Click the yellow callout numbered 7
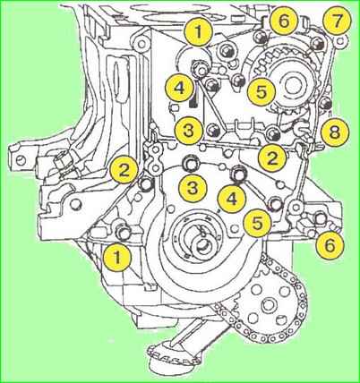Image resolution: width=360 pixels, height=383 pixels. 337,21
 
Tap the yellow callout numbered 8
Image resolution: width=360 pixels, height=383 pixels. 334,132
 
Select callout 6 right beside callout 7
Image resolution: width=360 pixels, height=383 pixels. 284,21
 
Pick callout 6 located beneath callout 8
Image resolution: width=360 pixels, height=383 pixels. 330,245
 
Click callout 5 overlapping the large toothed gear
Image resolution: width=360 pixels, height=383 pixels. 261,92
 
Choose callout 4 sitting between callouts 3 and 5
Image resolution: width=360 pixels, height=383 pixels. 232,200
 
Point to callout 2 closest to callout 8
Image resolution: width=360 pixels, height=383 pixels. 272,158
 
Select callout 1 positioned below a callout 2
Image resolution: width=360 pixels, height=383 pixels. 117,259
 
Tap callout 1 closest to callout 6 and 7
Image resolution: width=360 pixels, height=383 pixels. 199,32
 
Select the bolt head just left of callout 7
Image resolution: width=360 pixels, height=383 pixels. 316,44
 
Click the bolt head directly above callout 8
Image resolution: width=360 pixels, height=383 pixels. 326,104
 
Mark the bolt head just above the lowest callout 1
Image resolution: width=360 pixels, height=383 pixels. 123,231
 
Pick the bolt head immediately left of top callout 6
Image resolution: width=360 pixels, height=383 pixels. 261,37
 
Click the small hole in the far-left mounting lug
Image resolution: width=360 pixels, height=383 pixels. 20,159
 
